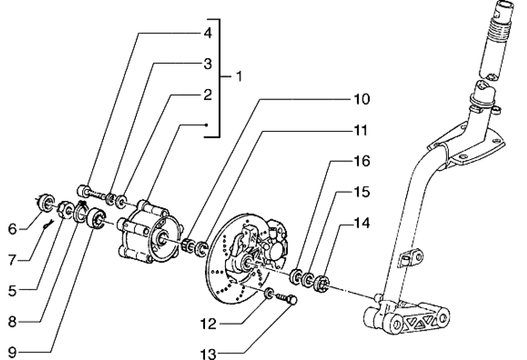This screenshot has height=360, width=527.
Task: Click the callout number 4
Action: (x=208, y=34)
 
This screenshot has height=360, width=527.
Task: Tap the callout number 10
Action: (x=362, y=99)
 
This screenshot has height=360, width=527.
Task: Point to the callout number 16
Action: (x=362, y=162)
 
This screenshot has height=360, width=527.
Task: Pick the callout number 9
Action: (x=9, y=354)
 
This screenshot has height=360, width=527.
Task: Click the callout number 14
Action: (x=362, y=224)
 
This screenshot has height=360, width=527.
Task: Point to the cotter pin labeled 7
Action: (x=48, y=225)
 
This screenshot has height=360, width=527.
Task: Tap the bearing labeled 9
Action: (x=96, y=219)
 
